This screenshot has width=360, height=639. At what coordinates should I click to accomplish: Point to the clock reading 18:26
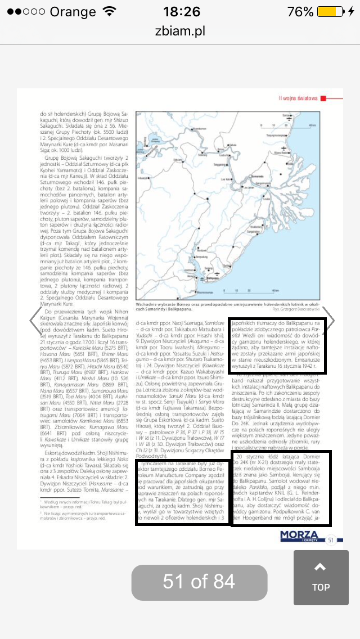click(181, 12)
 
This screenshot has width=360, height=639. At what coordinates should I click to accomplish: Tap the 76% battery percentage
click(300, 12)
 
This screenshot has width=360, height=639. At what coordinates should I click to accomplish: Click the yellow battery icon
click(330, 12)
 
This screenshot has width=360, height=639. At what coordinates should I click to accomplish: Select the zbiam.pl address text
click(180, 31)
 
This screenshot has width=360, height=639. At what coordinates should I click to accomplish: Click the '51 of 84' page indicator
click(199, 581)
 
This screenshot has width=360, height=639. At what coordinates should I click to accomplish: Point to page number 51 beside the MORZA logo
click(331, 540)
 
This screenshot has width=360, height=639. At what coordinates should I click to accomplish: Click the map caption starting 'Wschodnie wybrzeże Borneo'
click(228, 304)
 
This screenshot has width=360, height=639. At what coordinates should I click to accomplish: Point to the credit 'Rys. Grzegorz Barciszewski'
click(296, 309)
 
